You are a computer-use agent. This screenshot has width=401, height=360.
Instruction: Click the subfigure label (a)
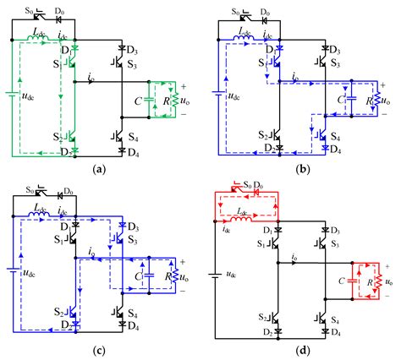(x=100, y=169)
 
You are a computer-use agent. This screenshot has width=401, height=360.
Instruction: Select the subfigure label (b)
(x=302, y=169)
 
